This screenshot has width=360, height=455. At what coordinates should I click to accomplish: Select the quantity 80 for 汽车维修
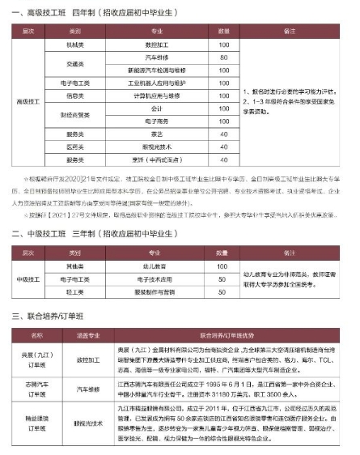222,58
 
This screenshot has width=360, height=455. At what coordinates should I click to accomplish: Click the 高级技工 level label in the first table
30,102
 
